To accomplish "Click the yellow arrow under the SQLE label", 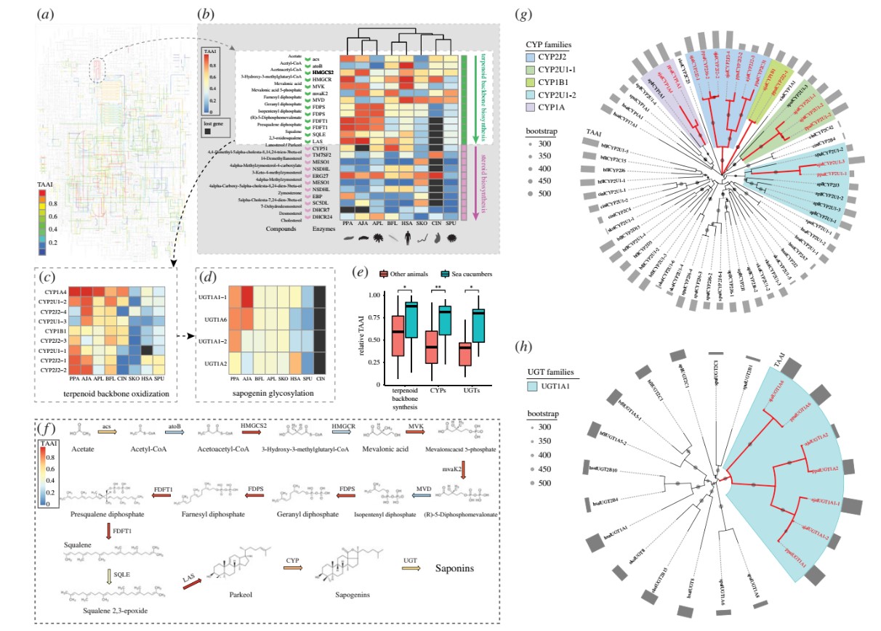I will coord(110,578).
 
